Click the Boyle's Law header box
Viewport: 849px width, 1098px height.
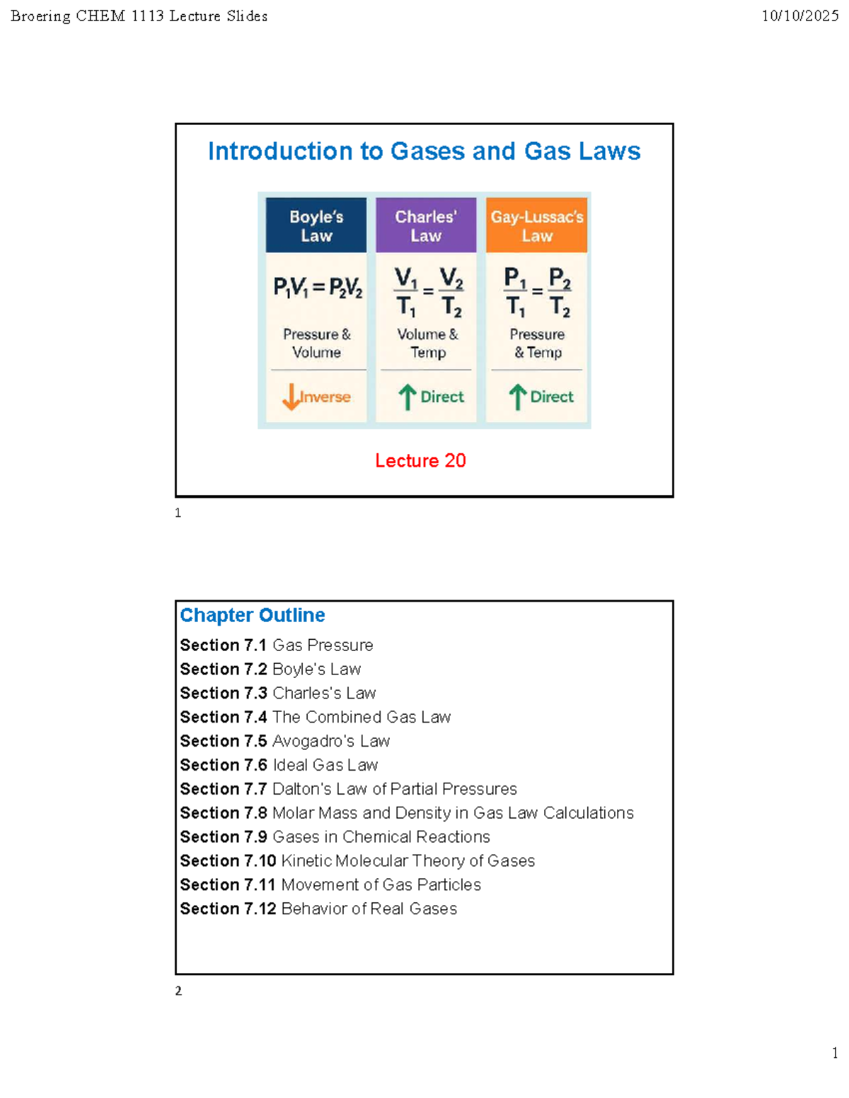(x=316, y=226)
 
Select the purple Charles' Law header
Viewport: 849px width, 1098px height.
(x=426, y=226)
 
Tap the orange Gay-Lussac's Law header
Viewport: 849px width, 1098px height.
(x=537, y=226)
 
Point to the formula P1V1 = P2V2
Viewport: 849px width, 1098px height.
(x=318, y=288)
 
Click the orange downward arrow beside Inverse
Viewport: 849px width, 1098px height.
(x=290, y=397)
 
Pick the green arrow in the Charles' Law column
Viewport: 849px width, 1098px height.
(x=407, y=397)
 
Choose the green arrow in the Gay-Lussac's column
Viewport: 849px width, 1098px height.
(x=518, y=397)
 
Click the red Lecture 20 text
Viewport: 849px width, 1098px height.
(x=420, y=461)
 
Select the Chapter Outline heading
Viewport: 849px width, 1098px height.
(x=253, y=615)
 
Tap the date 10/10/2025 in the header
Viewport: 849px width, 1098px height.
(x=800, y=16)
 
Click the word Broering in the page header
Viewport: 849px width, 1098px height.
(x=40, y=16)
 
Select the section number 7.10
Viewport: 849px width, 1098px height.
(x=260, y=860)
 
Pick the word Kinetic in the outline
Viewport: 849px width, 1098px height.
(x=306, y=860)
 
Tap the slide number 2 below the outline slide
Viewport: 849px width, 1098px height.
(x=178, y=991)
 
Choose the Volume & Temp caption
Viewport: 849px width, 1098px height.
(x=427, y=343)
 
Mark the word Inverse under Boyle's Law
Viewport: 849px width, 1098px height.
(x=325, y=397)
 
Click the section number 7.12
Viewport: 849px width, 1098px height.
(x=260, y=909)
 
